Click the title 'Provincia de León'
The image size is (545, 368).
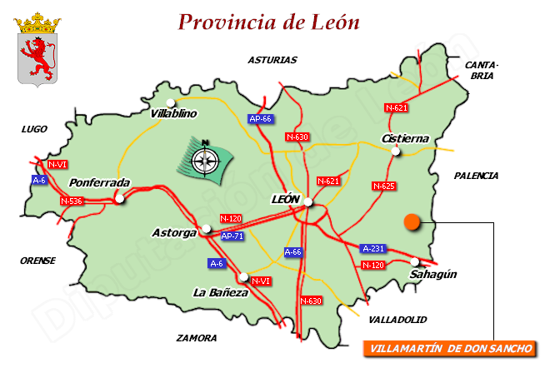[x=269, y=22]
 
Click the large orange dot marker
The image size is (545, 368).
[x=412, y=221]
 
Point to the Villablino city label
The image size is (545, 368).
[x=173, y=113]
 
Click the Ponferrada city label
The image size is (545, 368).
[x=99, y=182]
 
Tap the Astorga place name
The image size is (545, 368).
[x=174, y=232]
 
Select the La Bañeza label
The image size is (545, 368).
[x=221, y=292]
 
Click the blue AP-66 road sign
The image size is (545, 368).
[x=261, y=119]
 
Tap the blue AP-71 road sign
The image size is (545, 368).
[x=232, y=236]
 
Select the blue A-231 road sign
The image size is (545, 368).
[x=373, y=249]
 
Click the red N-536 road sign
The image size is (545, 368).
[x=72, y=201]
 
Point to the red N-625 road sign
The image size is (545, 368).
[x=383, y=186]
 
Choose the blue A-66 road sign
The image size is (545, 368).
[x=294, y=251]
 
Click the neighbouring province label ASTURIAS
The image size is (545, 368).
[x=272, y=60]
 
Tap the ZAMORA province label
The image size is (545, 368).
[x=197, y=338]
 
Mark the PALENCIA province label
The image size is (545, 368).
[x=476, y=176]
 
